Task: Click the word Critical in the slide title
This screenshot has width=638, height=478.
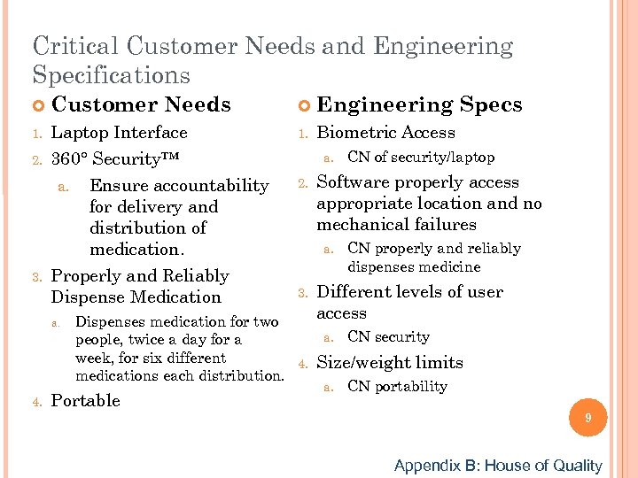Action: pyautogui.click(x=74, y=45)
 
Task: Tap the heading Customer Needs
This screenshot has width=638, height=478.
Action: pyautogui.click(x=141, y=104)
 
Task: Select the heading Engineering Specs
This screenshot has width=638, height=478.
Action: pyautogui.click(x=419, y=104)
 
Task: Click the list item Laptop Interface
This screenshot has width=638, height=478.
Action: pyautogui.click(x=120, y=133)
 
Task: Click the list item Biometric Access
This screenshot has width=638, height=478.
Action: pyautogui.click(x=385, y=133)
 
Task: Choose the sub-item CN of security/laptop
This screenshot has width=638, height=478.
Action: pyautogui.click(x=421, y=157)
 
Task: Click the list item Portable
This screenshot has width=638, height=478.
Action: pyautogui.click(x=86, y=401)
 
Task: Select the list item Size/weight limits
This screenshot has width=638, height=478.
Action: pyautogui.click(x=390, y=362)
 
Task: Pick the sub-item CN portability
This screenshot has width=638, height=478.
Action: pyautogui.click(x=397, y=386)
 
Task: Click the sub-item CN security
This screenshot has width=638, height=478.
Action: pyautogui.click(x=388, y=336)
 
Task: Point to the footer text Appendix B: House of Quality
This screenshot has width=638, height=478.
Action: pyautogui.click(x=497, y=466)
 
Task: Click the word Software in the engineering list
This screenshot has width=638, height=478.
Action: pyautogui.click(x=353, y=182)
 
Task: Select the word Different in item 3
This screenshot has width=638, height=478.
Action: pyautogui.click(x=353, y=292)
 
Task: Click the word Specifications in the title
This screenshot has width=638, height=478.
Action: pyautogui.click(x=111, y=74)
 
